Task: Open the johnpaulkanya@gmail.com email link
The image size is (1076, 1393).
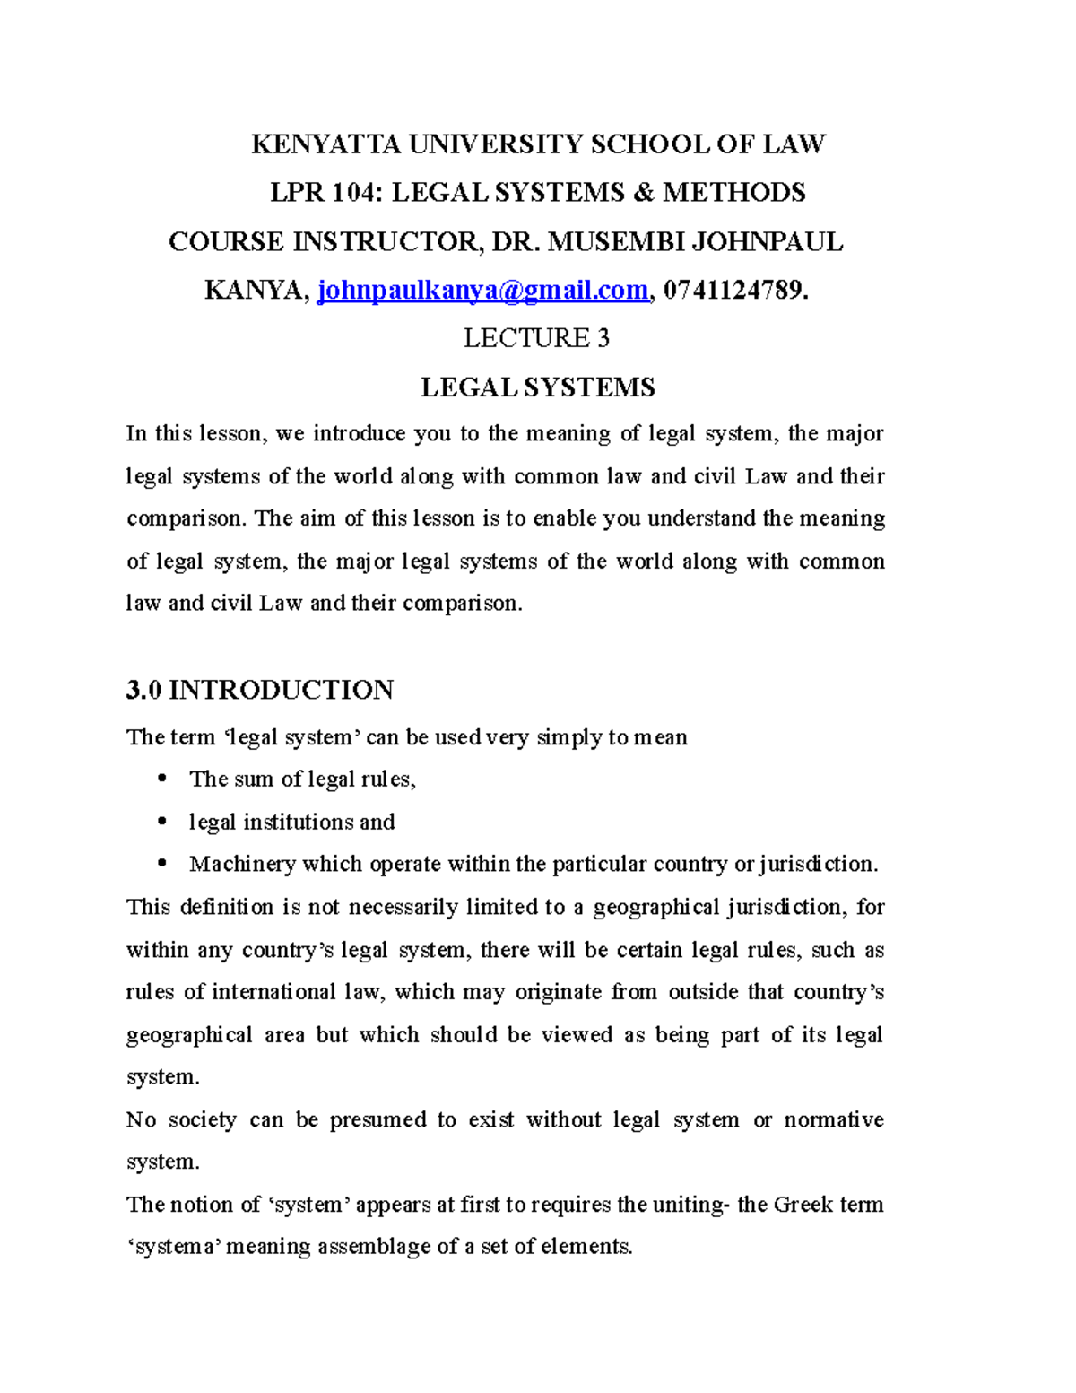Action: (483, 291)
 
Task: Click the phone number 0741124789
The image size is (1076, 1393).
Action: (733, 291)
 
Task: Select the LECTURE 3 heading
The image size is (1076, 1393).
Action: (536, 338)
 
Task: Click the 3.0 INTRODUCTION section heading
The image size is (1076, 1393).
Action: (259, 690)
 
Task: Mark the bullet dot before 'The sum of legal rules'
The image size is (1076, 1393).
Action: (161, 779)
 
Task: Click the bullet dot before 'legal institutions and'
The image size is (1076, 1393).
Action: (161, 821)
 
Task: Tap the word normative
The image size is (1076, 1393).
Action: (833, 1120)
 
